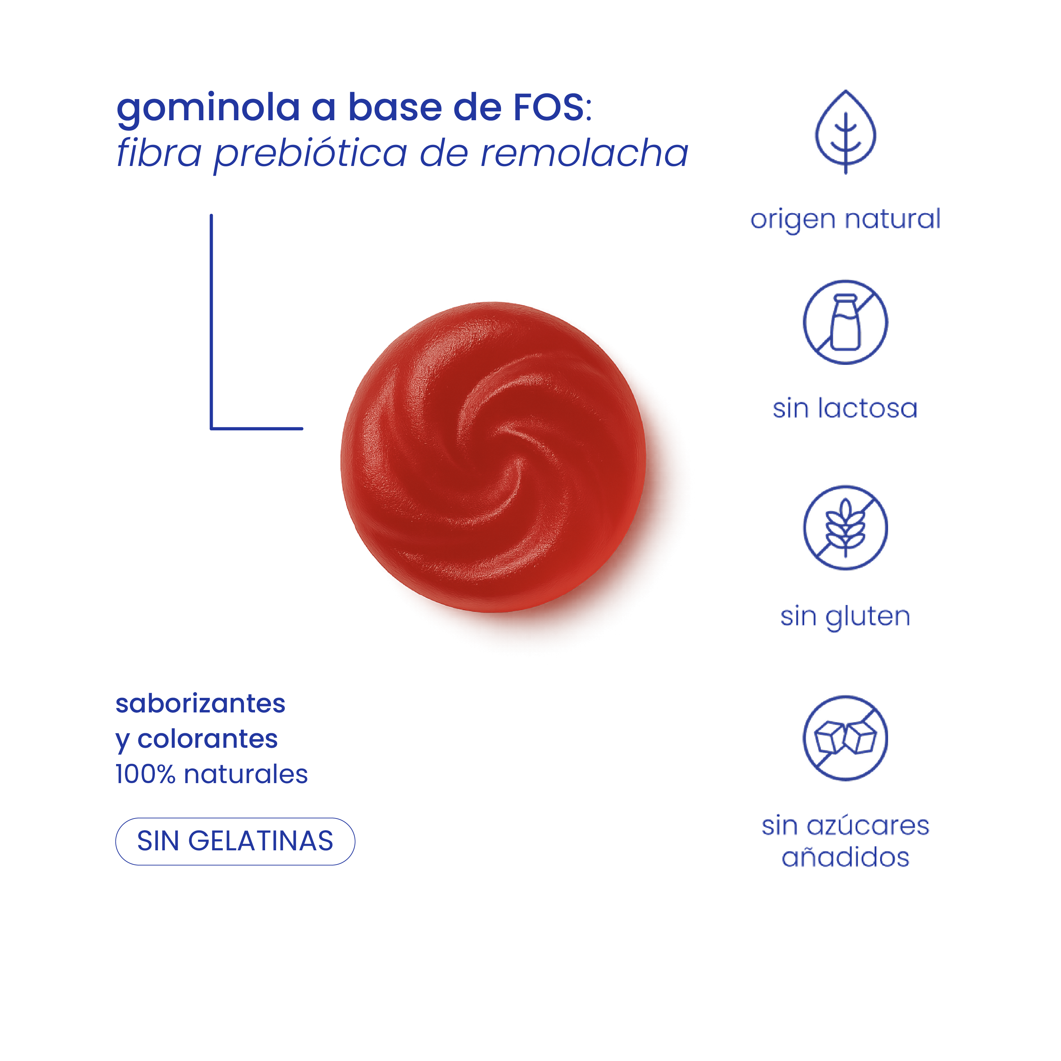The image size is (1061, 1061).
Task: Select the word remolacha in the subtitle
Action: (584, 153)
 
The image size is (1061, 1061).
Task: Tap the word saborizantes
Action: (200, 703)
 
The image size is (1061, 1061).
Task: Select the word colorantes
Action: (208, 739)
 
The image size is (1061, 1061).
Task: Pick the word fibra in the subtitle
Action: (159, 153)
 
